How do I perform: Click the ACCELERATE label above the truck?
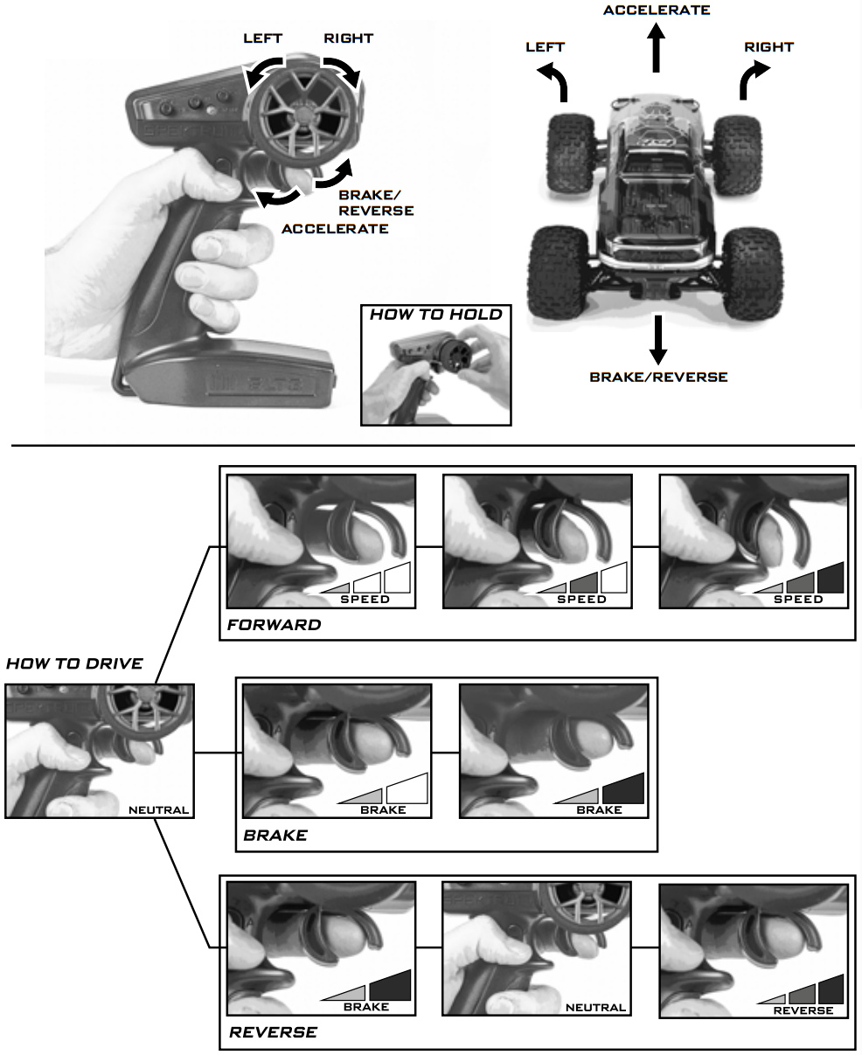click(656, 10)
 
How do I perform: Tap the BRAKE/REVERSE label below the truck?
click(658, 377)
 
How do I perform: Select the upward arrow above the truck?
click(657, 49)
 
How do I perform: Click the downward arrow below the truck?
click(658, 342)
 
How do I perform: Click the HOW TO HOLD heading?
click(435, 314)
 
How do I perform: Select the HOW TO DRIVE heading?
click(74, 663)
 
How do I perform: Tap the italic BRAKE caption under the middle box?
click(275, 835)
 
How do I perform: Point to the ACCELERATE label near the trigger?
click(335, 228)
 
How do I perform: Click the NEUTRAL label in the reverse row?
click(595, 1007)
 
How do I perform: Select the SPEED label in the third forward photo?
click(798, 600)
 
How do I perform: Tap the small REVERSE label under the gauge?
click(803, 1010)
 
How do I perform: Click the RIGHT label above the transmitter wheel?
click(348, 38)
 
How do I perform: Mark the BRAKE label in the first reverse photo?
click(365, 1007)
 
